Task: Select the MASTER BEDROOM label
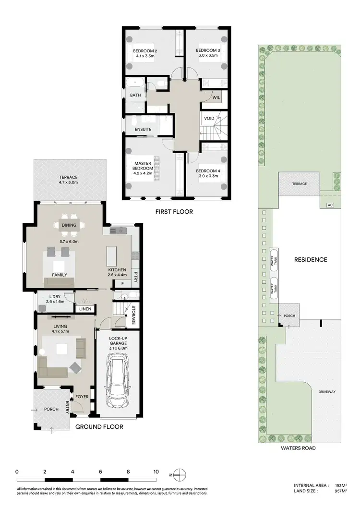pyautogui.click(x=143, y=166)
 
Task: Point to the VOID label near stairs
pyautogui.click(x=209, y=118)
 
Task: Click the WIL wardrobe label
pyautogui.click(x=216, y=97)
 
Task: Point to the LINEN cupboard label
pyautogui.click(x=85, y=309)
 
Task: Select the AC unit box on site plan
pyautogui.click(x=329, y=205)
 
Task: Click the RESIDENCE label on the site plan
pyautogui.click(x=310, y=260)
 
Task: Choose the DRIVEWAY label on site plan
pyautogui.click(x=326, y=392)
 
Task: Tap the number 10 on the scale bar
pyautogui.click(x=156, y=472)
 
